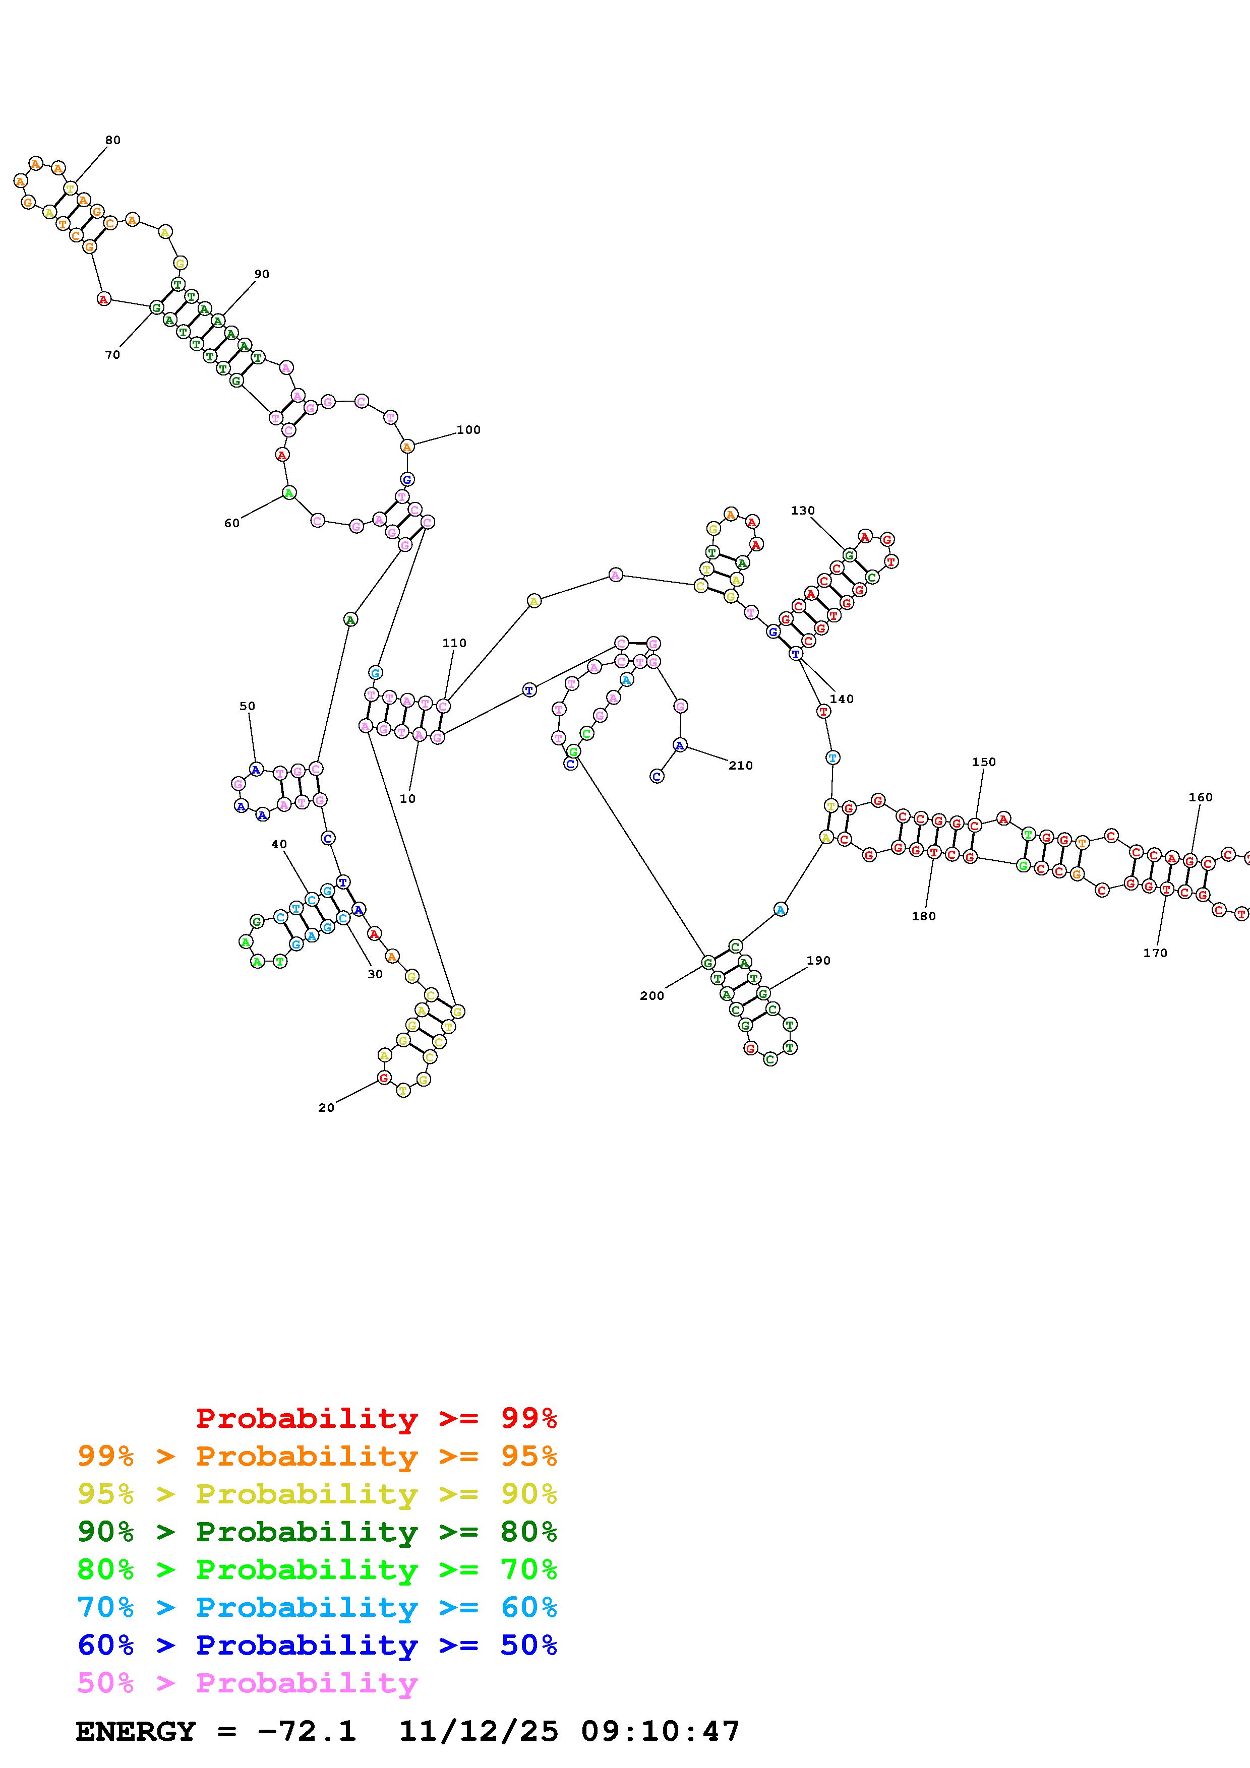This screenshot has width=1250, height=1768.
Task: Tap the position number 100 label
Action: pos(468,430)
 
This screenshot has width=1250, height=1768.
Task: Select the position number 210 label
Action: pos(740,766)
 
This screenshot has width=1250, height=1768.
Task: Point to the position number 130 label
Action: pos(803,511)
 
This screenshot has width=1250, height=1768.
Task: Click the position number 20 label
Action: pos(327,1107)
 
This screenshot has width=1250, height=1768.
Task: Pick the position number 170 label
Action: pos(1155,953)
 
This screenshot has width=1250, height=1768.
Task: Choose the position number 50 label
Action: pos(247,706)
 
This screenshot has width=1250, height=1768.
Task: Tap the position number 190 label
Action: pos(819,960)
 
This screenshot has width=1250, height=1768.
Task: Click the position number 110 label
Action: pos(454,643)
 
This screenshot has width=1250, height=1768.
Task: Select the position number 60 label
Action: pos(232,523)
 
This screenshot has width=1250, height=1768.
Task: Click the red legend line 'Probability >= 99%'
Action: pos(377,1418)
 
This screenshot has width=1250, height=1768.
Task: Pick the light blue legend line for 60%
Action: pos(317,1607)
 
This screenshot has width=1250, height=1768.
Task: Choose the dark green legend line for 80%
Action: pos(317,1532)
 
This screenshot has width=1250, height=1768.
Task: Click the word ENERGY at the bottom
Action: pos(136,1731)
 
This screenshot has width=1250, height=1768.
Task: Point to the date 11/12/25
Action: pos(479,1731)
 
